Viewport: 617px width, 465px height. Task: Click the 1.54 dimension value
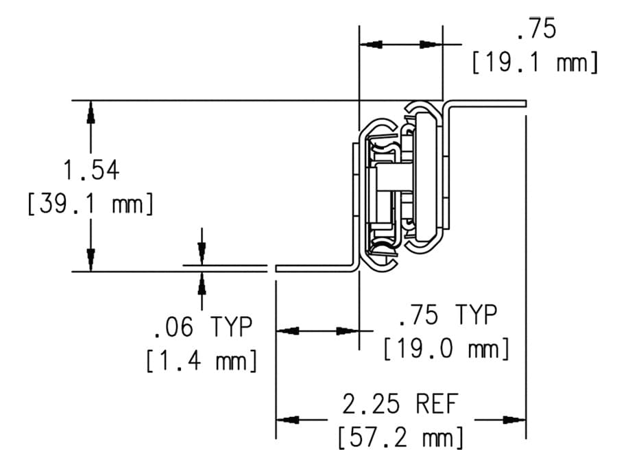[91, 171]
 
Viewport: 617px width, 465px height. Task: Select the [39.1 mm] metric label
[90, 204]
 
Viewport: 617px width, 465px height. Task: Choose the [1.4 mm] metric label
[202, 360]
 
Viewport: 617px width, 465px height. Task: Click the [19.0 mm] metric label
[446, 348]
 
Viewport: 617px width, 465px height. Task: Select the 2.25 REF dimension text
[400, 404]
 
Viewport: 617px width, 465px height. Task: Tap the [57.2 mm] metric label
[400, 438]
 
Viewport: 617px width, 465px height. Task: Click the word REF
[437, 404]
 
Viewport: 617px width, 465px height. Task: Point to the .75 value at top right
[536, 28]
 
